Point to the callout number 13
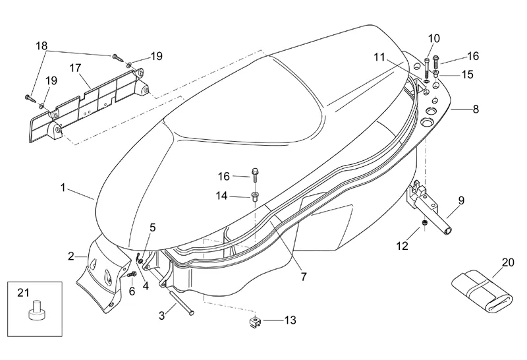click(x=290, y=320)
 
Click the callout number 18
click(x=42, y=46)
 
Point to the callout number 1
click(x=63, y=188)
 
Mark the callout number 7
click(x=304, y=277)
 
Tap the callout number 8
click(x=475, y=110)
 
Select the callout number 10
click(x=433, y=38)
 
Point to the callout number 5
click(x=152, y=227)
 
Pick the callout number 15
click(x=467, y=75)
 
